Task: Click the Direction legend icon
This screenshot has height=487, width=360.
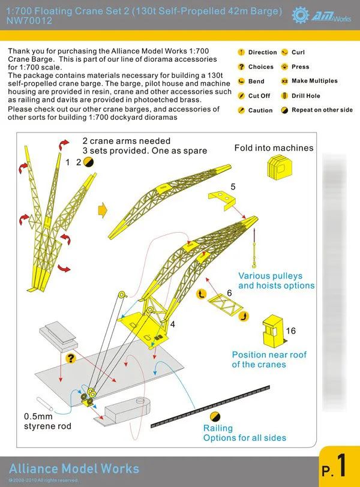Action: [241, 52]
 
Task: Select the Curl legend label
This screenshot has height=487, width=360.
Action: [298, 52]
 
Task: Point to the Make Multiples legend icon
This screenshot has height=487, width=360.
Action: [284, 81]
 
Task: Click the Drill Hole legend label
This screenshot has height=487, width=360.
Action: [306, 96]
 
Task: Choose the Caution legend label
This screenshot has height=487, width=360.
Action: [260, 110]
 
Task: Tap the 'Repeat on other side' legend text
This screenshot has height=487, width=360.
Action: [322, 110]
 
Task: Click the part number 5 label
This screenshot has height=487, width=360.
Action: [233, 187]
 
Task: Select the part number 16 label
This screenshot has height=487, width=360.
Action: [291, 331]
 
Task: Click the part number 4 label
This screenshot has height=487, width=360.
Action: [173, 324]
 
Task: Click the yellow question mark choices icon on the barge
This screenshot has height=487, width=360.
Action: [71, 359]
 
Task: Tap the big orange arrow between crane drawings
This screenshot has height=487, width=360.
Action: [101, 209]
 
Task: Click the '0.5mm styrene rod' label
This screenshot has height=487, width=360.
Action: [47, 421]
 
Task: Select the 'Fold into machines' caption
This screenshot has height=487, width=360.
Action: [274, 148]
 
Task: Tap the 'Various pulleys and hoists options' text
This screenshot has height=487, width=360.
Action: [276, 281]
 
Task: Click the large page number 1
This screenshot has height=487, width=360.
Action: [341, 466]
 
